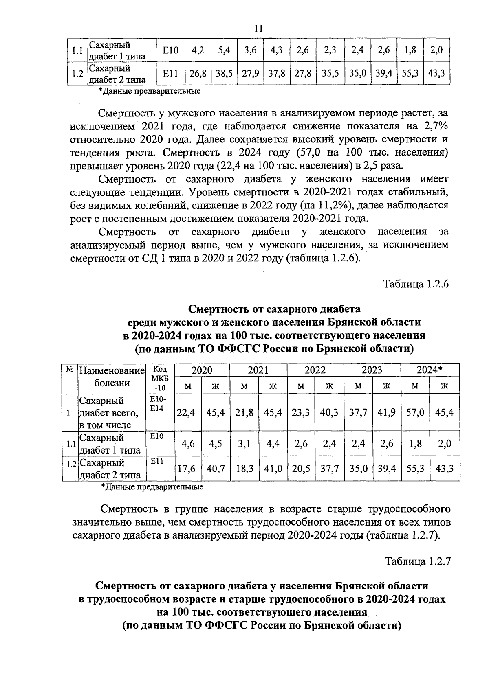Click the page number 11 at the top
258,28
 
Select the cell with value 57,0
415,412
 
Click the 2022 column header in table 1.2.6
315,370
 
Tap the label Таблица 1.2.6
416,284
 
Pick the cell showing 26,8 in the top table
198,74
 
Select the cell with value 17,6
186,469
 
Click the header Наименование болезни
112,377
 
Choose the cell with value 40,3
329,412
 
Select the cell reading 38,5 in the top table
224,74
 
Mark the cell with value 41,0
273,469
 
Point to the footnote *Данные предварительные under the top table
150,91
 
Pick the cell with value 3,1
244,444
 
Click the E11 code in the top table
170,74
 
